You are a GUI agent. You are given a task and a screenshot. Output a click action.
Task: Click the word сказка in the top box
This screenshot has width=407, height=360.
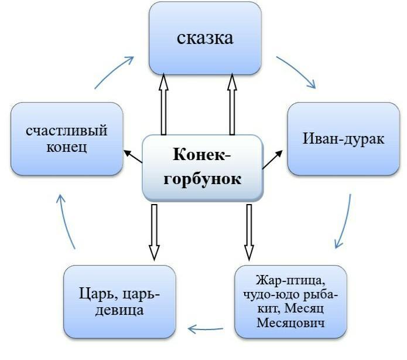click(204, 38)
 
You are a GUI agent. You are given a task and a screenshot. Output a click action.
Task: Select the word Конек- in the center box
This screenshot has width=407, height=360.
click(202, 155)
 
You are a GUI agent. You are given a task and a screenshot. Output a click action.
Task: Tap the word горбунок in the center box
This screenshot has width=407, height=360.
click(203, 178)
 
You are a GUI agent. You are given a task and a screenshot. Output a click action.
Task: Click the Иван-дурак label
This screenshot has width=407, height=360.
click(336, 139)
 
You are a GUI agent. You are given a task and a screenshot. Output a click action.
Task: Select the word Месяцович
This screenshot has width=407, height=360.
click(290, 324)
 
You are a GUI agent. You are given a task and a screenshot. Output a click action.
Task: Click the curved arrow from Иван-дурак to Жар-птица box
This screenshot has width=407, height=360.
click(345, 223)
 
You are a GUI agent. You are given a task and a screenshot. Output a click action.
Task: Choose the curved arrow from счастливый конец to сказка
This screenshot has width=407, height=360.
click(114, 70)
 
